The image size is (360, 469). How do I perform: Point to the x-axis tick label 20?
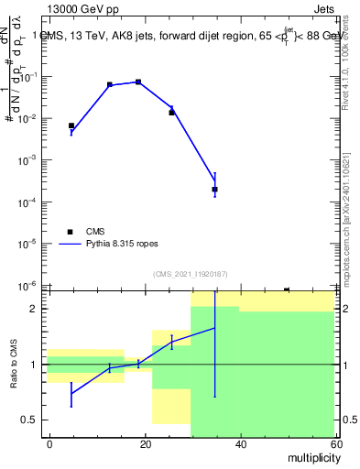[145, 443]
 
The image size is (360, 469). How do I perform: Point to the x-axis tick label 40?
[240, 443]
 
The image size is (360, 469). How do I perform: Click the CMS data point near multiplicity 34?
[214, 190]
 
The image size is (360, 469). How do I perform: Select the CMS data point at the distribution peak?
[138, 82]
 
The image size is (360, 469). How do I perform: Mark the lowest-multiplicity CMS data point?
[71, 125]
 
